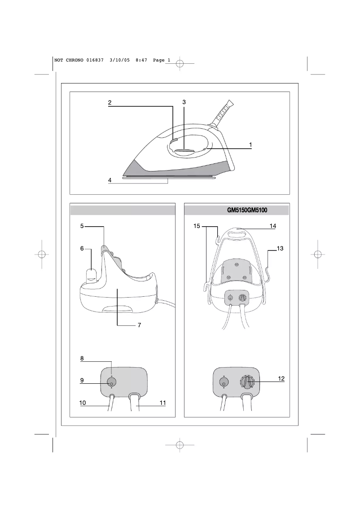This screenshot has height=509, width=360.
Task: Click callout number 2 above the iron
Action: coord(110,103)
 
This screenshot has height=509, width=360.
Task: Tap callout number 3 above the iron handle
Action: coord(184,102)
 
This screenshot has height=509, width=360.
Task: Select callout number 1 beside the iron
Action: coord(250,145)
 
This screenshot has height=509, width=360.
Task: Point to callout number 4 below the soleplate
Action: coord(110,180)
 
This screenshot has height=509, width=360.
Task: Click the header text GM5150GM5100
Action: coord(247,210)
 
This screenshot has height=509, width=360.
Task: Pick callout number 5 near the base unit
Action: coord(82,226)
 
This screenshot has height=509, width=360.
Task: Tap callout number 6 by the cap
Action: coord(82,248)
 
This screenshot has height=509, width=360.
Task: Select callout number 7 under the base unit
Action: coord(139,325)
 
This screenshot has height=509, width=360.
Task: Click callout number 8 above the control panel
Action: coord(82,358)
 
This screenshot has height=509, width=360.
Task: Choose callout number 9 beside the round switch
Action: coord(82,380)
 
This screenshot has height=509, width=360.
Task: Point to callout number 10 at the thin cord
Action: coord(83,403)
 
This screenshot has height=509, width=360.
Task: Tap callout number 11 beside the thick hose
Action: coord(162,403)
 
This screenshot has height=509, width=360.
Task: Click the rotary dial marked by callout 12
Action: coord(248,382)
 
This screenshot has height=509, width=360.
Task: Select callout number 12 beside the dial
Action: coord(281,378)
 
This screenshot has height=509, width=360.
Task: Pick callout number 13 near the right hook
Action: coord(280,248)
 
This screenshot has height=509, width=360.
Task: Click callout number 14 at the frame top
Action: coord(272,226)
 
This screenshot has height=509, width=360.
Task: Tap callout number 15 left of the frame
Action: coord(197,226)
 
